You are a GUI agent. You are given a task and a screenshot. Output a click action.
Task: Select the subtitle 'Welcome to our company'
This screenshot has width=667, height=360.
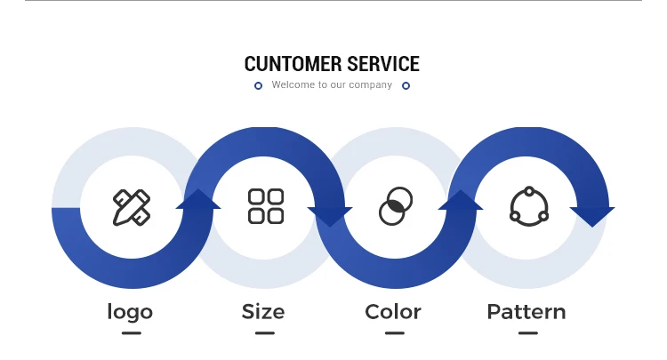[x=332, y=85]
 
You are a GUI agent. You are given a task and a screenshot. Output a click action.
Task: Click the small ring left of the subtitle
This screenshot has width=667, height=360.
[x=258, y=85]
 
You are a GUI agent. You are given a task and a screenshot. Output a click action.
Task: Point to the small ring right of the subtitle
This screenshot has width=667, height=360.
[x=406, y=85]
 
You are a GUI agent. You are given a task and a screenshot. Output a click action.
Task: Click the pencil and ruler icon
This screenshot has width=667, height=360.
[x=132, y=207]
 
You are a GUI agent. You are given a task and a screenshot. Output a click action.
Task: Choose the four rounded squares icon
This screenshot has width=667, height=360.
[x=265, y=206]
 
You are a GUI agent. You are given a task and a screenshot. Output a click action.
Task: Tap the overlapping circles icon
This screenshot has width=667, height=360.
[x=396, y=206]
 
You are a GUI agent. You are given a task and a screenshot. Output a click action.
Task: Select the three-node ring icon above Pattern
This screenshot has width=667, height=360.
[x=528, y=206]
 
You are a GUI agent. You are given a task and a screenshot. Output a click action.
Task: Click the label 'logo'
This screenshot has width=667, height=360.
[x=130, y=312]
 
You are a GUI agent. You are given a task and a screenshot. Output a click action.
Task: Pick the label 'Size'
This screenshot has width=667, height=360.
[x=263, y=312]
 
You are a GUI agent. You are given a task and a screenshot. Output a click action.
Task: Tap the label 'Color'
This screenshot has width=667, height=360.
[x=393, y=312]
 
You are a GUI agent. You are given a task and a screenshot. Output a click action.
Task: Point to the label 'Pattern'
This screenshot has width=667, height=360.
[x=526, y=312]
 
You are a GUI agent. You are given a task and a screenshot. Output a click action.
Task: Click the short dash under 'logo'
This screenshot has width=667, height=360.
[x=132, y=333]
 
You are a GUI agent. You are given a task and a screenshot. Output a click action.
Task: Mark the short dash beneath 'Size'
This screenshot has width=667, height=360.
[x=264, y=333]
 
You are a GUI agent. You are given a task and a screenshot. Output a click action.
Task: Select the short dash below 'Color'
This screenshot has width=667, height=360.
[x=395, y=333]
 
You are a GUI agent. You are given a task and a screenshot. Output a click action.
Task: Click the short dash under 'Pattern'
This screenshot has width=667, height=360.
[x=528, y=333]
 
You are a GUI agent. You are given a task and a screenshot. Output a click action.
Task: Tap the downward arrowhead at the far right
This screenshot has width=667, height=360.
[x=592, y=215]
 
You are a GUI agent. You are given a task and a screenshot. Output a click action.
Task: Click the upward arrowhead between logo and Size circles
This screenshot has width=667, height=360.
[x=198, y=200]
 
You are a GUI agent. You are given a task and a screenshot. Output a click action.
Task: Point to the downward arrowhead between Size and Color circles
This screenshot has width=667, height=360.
[x=330, y=215]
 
